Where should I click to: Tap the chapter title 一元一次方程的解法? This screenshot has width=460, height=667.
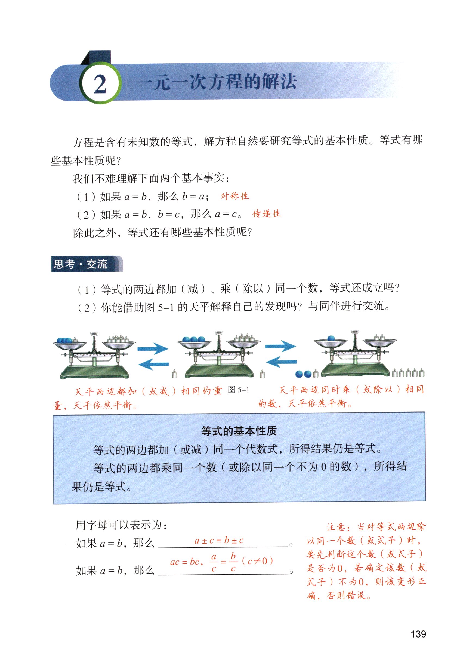coord(216,82)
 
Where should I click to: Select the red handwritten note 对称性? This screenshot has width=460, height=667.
coord(234,196)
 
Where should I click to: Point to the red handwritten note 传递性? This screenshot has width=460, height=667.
coord(267,214)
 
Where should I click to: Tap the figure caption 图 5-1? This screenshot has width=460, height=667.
coord(238,390)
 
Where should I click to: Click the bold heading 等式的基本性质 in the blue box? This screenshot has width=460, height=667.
coord(239,431)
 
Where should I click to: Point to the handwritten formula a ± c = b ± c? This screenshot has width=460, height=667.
coord(219,540)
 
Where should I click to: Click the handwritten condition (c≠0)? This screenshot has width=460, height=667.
coord(257,561)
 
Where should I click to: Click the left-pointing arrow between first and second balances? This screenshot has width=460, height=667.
coord(153,364)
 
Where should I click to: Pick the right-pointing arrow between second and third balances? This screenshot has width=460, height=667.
coord(280,346)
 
